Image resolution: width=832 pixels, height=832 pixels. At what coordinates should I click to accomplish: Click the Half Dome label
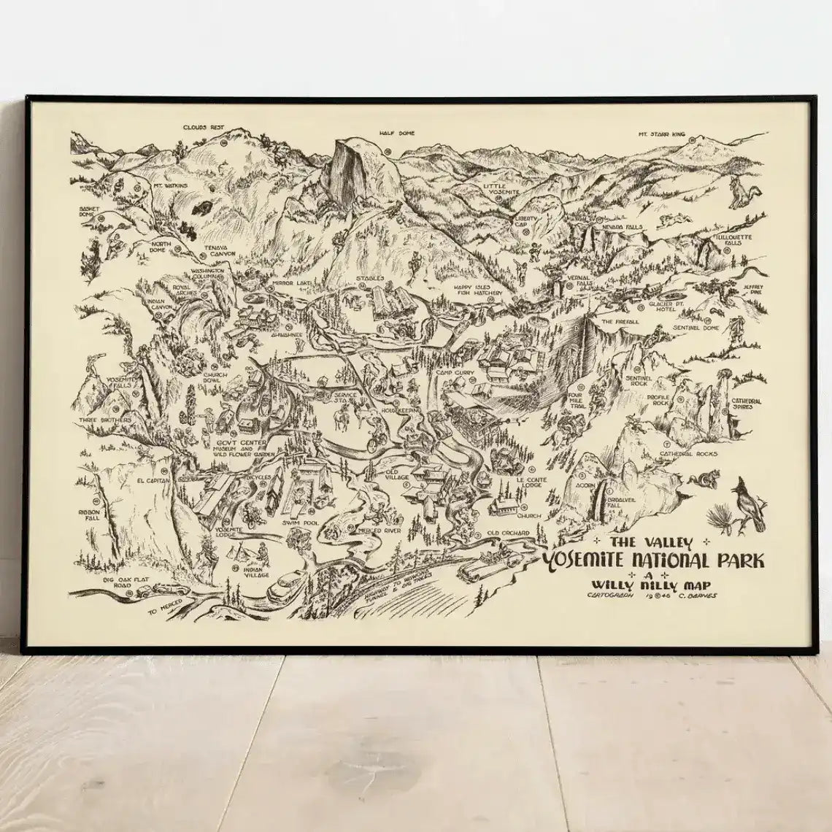pos(396,133)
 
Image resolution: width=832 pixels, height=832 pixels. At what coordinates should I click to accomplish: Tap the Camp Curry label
pos(455,373)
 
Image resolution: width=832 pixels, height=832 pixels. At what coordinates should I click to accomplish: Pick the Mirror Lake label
pos(291,282)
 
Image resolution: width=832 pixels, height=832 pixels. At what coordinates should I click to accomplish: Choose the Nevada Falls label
pos(622,227)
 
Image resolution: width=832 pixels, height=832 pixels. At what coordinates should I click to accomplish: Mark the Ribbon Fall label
pos(93,516)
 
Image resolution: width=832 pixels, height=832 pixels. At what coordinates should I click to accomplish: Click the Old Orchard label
pos(508,534)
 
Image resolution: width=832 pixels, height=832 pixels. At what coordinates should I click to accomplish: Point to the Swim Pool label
pos(302,523)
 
